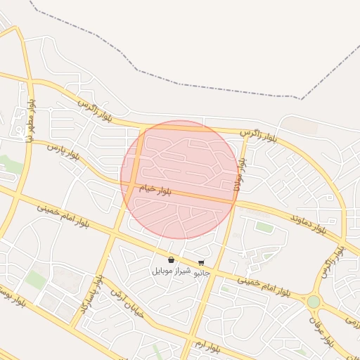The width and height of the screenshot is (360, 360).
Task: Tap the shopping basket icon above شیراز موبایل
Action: [172, 259]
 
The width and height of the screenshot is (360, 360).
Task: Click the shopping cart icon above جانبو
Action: [202, 263]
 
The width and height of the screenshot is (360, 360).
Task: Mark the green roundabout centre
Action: [314, 302]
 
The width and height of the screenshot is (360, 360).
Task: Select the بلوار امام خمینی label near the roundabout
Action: [264, 284]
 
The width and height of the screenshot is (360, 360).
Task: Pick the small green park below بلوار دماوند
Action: [264, 226]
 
